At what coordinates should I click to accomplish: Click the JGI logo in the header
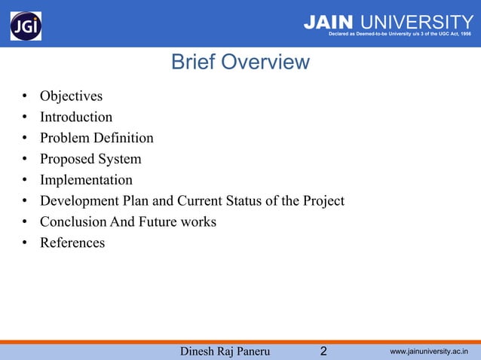point(26,26)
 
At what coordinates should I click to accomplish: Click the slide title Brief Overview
point(240,62)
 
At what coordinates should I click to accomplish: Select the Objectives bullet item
point(71,96)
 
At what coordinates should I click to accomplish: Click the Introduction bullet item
point(76,117)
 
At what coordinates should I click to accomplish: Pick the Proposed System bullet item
point(90,160)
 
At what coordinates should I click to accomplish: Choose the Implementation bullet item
point(86,180)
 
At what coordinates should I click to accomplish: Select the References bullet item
point(72,243)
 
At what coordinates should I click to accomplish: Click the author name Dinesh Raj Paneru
point(225,351)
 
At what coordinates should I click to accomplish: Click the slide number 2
point(323,351)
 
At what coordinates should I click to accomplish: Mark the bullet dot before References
point(25,243)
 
